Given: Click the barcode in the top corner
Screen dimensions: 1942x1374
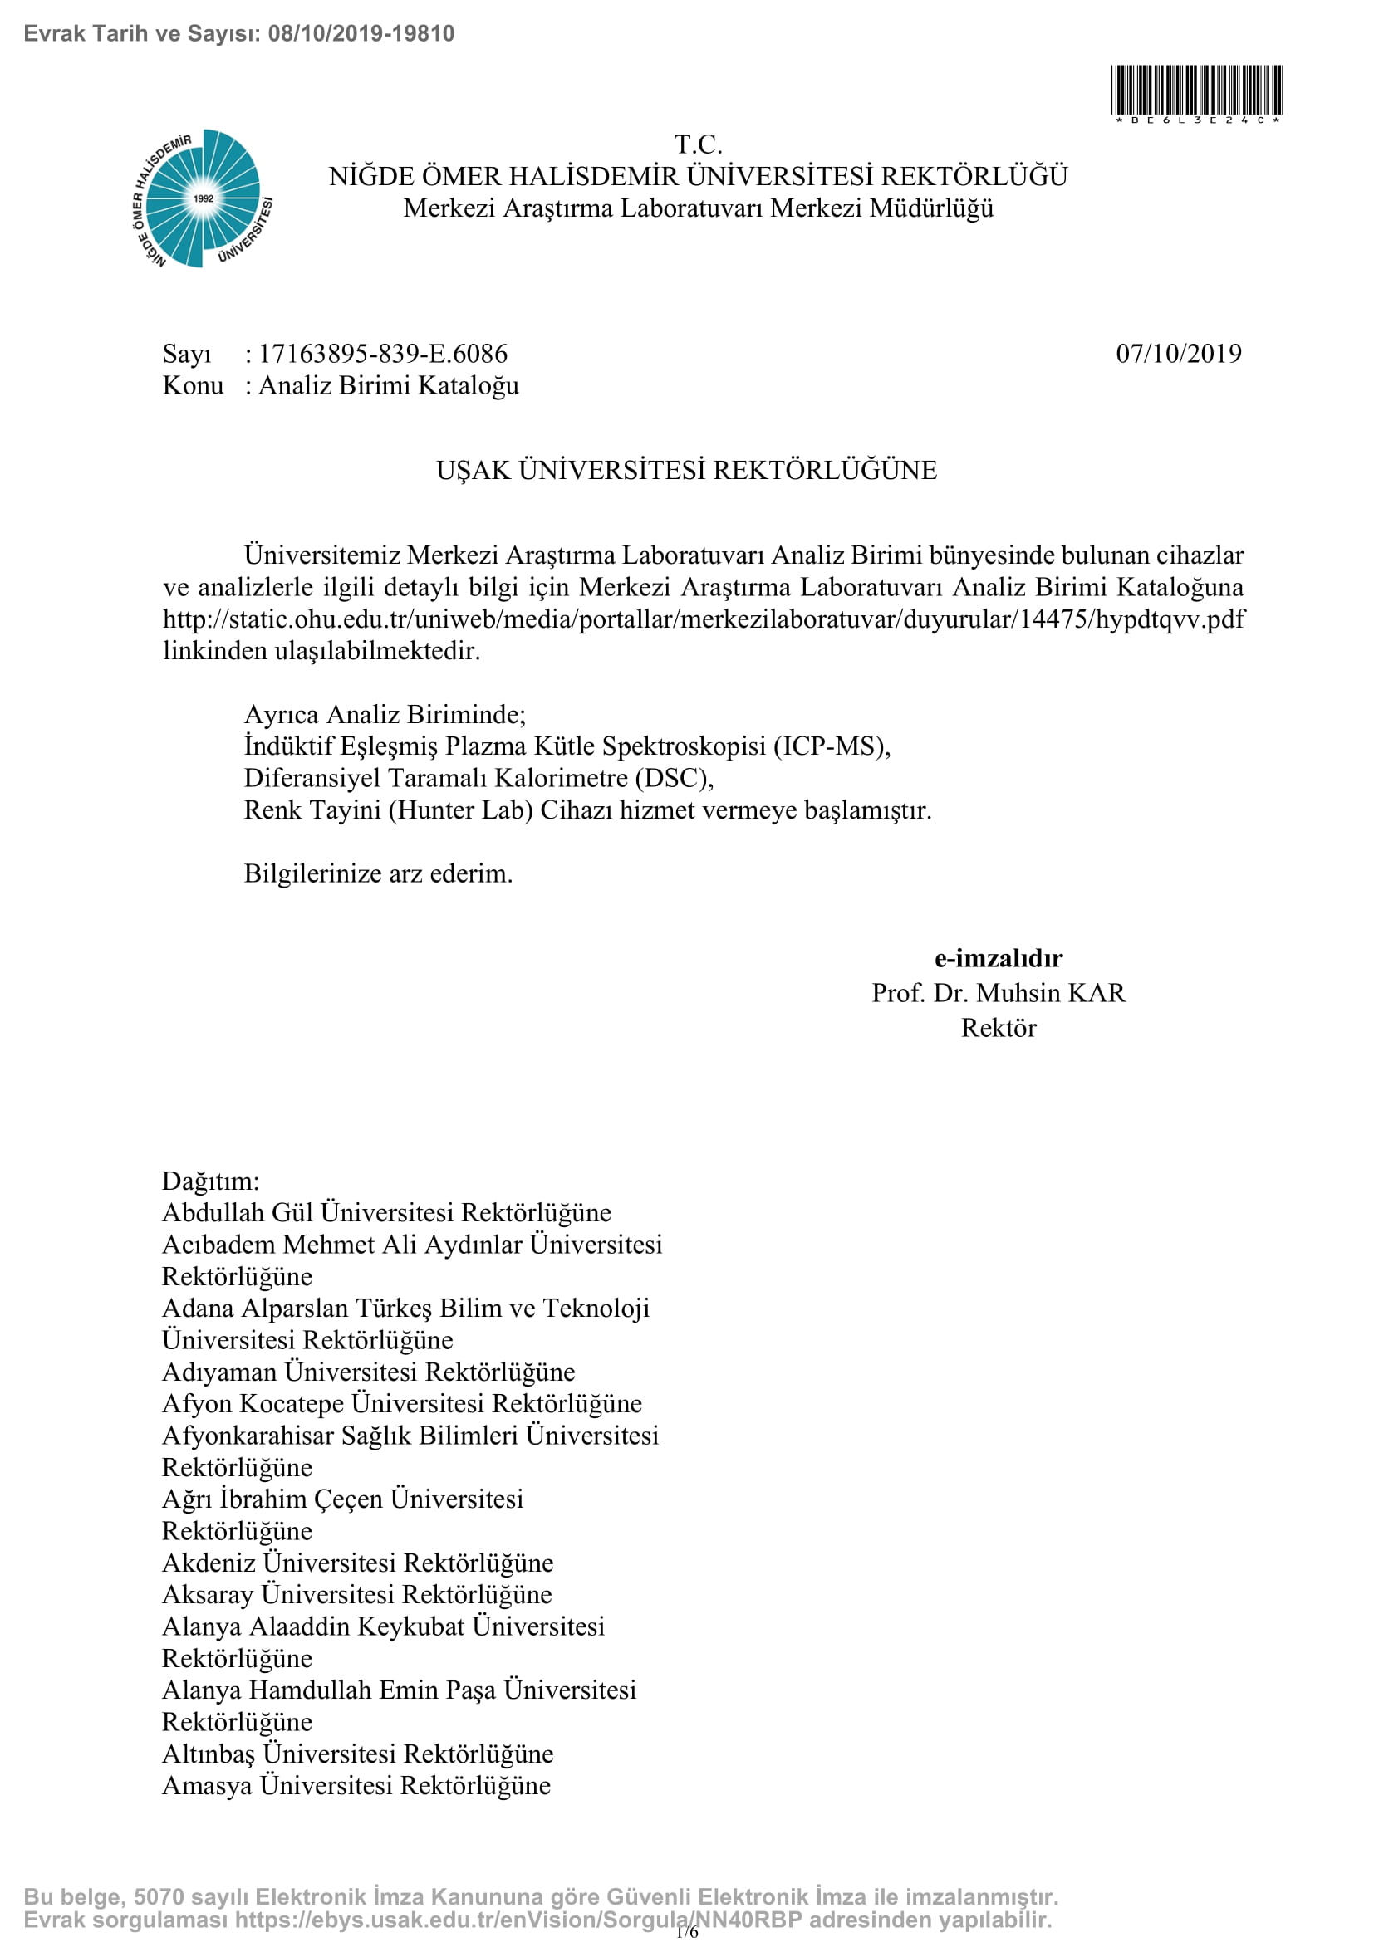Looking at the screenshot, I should pyautogui.click(x=1196, y=90).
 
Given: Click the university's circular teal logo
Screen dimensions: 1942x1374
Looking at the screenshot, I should pyautogui.click(x=203, y=198).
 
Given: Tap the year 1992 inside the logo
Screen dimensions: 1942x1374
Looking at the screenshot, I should pyautogui.click(x=203, y=198).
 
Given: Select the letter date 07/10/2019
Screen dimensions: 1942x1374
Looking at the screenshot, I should pyautogui.click(x=1179, y=354).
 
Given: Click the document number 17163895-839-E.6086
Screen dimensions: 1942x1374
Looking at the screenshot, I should pyautogui.click(x=382, y=354).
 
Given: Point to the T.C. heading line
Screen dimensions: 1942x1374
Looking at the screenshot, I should pyautogui.click(x=698, y=144).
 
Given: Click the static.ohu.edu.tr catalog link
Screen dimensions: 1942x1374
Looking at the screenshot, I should pyautogui.click(x=703, y=619).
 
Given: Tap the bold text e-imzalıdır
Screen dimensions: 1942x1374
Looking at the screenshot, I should pyautogui.click(x=999, y=958).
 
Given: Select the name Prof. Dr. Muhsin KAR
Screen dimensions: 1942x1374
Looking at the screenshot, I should pyautogui.click(x=999, y=993).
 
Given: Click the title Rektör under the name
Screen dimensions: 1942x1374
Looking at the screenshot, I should pyautogui.click(x=999, y=1028).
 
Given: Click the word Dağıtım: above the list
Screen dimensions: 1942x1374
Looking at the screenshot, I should pyautogui.click(x=211, y=1181).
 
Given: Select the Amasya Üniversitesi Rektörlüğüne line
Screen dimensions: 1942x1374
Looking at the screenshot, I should pyautogui.click(x=356, y=1785).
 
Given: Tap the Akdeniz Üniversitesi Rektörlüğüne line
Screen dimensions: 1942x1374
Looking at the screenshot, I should pyautogui.click(x=358, y=1563).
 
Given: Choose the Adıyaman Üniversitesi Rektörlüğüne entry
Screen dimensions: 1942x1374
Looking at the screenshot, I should pyautogui.click(x=368, y=1371).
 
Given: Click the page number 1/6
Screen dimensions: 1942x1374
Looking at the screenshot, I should pyautogui.click(x=687, y=1932).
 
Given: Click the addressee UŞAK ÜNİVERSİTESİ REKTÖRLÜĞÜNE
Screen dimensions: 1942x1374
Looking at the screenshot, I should pyautogui.click(x=686, y=470).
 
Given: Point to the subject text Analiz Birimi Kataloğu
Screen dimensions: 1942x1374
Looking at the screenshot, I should pyautogui.click(x=388, y=386).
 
